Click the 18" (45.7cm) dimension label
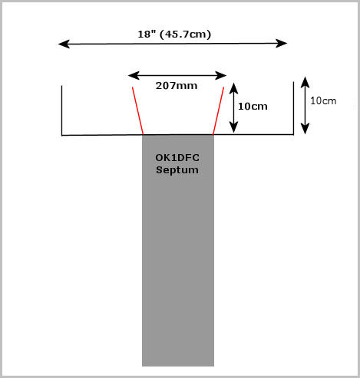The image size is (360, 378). (x=174, y=35)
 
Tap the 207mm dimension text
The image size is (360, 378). (x=177, y=86)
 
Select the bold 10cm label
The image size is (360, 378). (x=253, y=107)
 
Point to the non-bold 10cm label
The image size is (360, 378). (x=323, y=101)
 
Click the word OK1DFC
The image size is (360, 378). (x=177, y=158)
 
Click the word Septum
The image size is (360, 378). (x=177, y=170)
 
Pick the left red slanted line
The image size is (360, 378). (x=137, y=110)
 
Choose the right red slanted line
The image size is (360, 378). (x=218, y=110)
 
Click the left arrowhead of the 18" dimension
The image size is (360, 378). (x=64, y=44)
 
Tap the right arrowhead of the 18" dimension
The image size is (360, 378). (x=282, y=44)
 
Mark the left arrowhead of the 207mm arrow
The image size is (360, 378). (x=134, y=75)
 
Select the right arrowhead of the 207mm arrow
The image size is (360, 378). (x=221, y=75)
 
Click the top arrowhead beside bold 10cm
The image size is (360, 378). (x=233, y=88)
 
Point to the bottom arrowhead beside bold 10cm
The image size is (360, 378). (x=233, y=127)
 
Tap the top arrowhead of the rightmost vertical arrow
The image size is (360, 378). (x=305, y=82)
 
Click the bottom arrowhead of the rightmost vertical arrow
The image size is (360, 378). (x=305, y=128)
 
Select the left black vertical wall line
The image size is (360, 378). (x=61, y=110)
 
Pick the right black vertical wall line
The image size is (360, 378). (x=293, y=108)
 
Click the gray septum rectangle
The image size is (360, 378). (x=178, y=251)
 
